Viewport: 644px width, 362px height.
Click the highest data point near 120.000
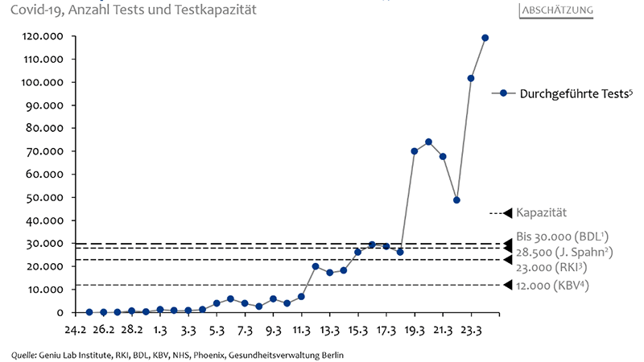(x=485, y=38)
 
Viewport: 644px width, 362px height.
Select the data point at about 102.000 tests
(x=471, y=78)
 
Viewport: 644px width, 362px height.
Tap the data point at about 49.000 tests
(x=456, y=200)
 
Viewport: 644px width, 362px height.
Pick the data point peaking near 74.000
(x=428, y=142)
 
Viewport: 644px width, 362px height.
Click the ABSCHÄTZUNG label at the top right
(x=557, y=10)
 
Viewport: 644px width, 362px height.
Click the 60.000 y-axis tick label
(x=48, y=175)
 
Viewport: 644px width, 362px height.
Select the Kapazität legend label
(x=541, y=212)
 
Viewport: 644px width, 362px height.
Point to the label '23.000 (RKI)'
(x=551, y=266)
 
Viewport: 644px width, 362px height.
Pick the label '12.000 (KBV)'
(x=552, y=285)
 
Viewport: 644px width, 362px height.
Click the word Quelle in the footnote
(x=25, y=353)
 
